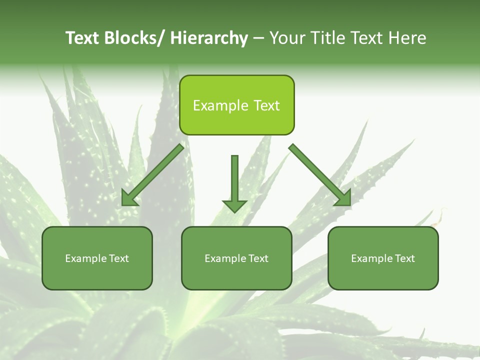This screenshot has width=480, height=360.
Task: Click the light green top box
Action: [236, 105]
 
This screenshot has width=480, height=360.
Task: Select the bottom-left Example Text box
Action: [97, 258]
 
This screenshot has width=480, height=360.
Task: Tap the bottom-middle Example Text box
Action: [236, 258]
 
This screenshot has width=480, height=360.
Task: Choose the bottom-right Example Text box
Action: [383, 258]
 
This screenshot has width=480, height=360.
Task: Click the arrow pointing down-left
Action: [152, 175]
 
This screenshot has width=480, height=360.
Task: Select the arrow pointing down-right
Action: [320, 175]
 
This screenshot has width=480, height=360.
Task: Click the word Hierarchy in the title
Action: [209, 38]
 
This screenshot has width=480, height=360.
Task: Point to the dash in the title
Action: [258, 38]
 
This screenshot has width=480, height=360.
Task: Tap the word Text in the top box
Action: [266, 105]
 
